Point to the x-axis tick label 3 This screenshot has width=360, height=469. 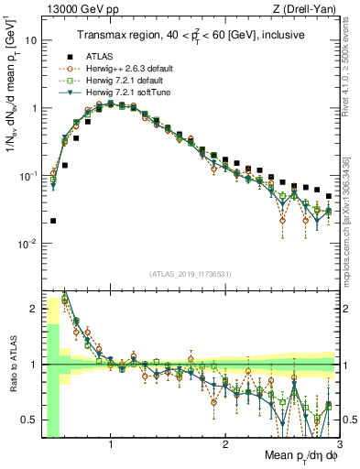coord(339,447)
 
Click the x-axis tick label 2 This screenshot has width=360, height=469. coord(225,447)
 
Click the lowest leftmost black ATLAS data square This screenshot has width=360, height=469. coord(53,221)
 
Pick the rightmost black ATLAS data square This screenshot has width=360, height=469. coord(329,195)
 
